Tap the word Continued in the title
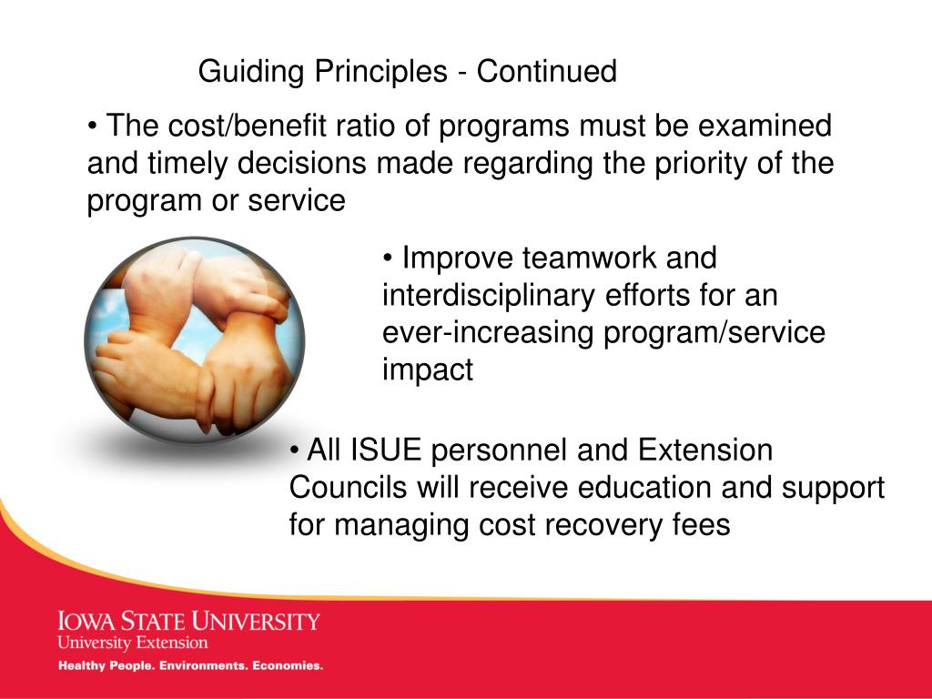click(x=546, y=71)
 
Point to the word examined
click(x=765, y=126)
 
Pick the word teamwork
click(x=589, y=258)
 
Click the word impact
click(x=428, y=370)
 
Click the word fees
click(x=702, y=524)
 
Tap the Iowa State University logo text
click(x=188, y=621)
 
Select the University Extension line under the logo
click(x=133, y=643)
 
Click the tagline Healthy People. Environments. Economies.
click(x=190, y=665)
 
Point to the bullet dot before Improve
click(x=388, y=259)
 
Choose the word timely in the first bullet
click(x=187, y=164)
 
